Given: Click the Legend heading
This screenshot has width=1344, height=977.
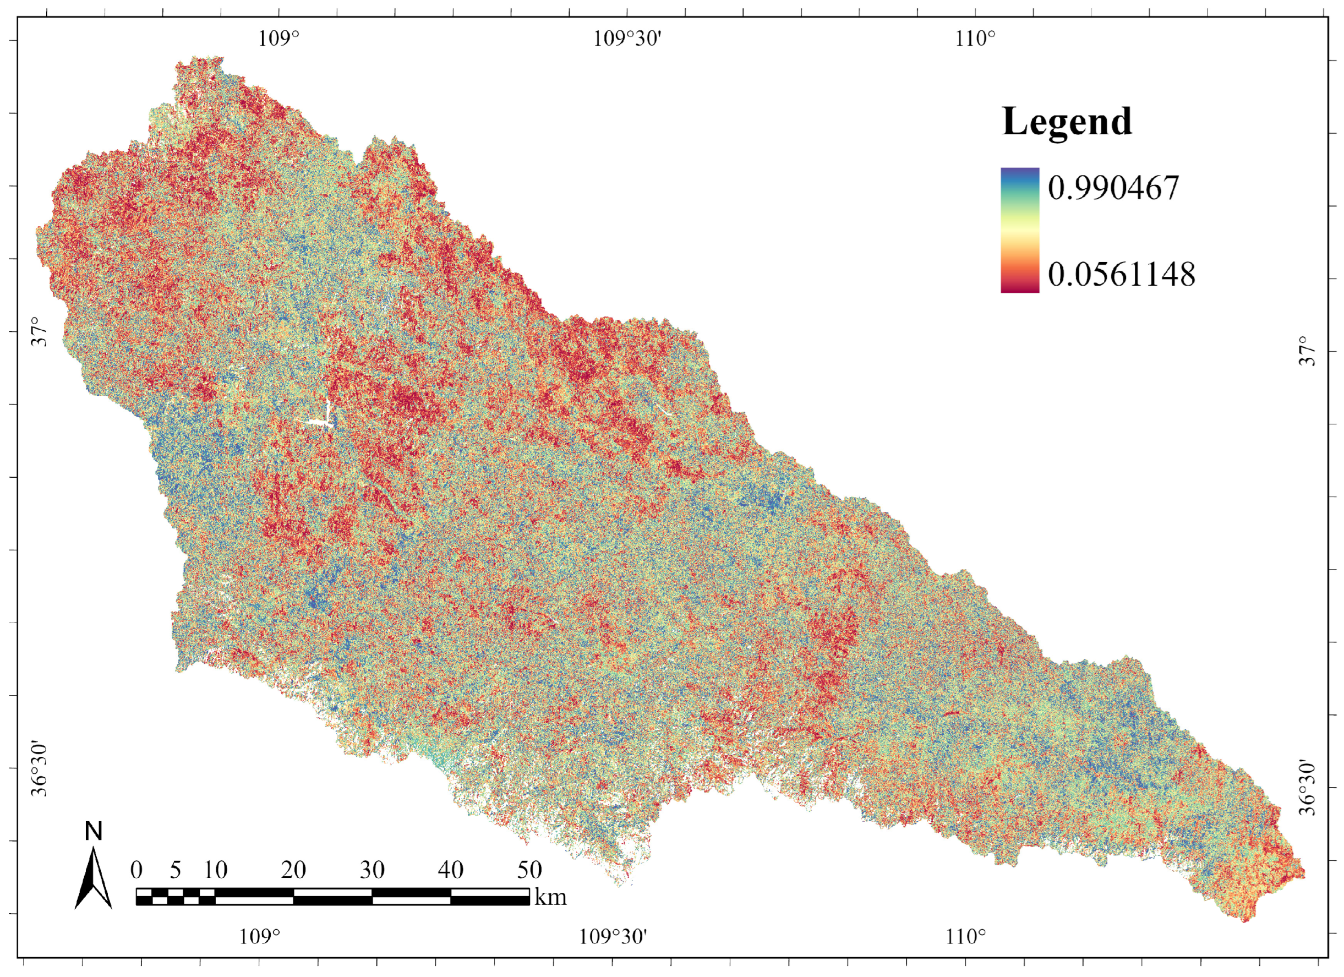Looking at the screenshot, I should (1067, 122).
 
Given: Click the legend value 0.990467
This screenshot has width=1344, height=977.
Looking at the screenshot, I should (1113, 188).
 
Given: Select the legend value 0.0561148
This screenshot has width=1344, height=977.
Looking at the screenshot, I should (1121, 275).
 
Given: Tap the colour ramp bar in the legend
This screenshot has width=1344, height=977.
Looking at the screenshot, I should (1020, 231).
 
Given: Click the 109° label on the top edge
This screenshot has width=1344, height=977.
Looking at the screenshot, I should (278, 39).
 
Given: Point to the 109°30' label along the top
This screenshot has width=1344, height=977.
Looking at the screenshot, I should (627, 39).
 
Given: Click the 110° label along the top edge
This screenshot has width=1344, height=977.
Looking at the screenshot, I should (975, 39).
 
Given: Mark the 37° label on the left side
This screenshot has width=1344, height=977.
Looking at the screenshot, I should (39, 332).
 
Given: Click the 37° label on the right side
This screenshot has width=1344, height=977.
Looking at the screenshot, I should (1308, 351).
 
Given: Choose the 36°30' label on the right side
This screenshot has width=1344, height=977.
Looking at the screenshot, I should (1308, 788).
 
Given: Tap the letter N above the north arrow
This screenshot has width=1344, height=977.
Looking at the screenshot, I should (94, 832).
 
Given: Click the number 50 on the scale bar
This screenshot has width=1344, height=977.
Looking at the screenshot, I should (529, 870).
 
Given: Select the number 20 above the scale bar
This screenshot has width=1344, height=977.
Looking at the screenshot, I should (293, 870).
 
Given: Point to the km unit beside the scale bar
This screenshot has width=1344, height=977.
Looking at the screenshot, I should (550, 897).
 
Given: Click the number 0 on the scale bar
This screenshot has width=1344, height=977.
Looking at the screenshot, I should (136, 870).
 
